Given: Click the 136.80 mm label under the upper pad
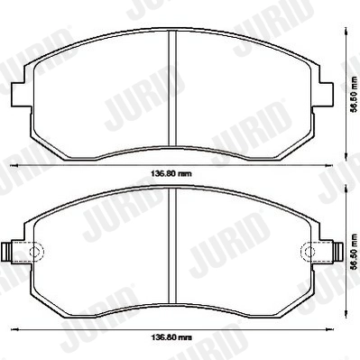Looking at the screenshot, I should point(171,173).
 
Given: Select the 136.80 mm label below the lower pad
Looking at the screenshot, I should point(171,338).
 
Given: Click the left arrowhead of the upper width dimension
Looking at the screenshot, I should point(13,166).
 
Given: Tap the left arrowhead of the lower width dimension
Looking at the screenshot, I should point(13,331).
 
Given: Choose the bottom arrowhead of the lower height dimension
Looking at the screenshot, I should point(346,316).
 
